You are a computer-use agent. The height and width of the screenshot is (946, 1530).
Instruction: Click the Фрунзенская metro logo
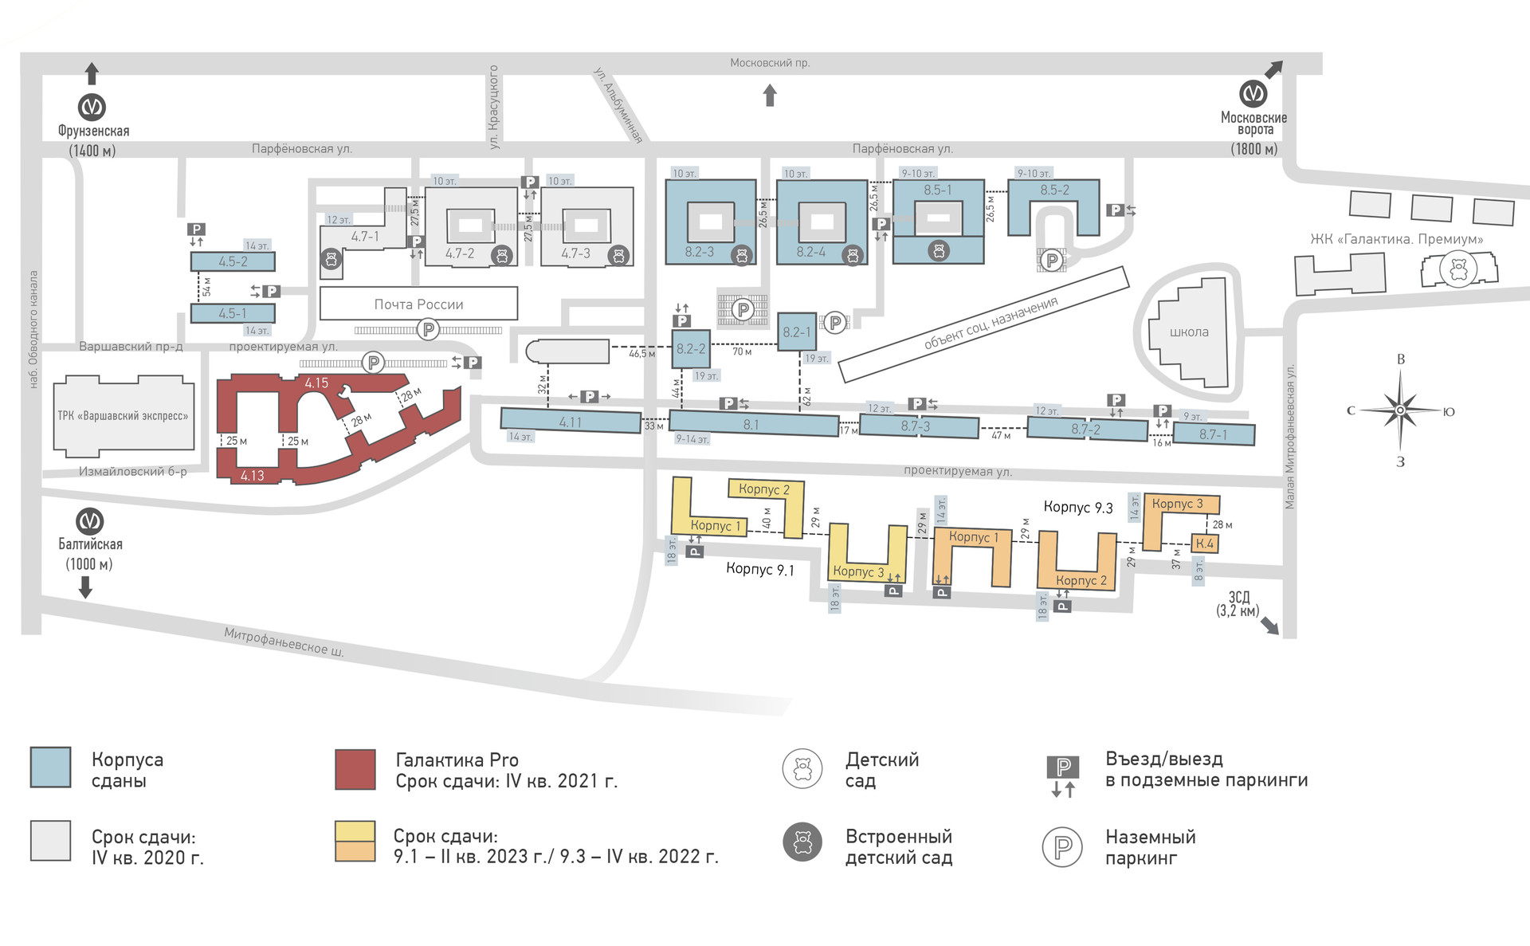coord(92,107)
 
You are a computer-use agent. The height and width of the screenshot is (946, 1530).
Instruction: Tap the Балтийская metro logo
coord(89,521)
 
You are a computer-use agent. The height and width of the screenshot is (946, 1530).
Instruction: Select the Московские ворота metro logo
coord(1253,94)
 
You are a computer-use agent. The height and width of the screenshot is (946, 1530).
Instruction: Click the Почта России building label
coord(418,304)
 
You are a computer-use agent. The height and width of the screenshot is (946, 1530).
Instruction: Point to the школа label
coord(1189,332)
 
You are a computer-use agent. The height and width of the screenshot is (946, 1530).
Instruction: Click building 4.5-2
coord(233,261)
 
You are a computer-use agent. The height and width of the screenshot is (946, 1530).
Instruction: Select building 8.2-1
coord(797,332)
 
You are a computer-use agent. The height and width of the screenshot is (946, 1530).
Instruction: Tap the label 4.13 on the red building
coord(252,476)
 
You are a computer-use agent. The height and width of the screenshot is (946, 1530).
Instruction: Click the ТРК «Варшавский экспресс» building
coord(124,416)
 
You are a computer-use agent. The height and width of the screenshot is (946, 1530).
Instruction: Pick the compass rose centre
coord(1400,411)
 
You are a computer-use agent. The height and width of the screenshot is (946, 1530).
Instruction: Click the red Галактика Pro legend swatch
coord(355,769)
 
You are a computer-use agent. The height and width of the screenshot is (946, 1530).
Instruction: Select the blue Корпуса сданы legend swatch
coord(50,767)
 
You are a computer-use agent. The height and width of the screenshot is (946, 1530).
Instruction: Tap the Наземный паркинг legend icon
coord(1062,847)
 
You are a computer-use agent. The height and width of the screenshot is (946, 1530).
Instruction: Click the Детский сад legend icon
coord(802,769)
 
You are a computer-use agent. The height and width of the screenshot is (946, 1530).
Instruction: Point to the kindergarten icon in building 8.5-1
coord(939,251)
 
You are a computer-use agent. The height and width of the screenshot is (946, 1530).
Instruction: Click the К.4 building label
coord(1204,544)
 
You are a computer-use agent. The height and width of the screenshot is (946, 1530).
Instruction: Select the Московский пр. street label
coord(770,63)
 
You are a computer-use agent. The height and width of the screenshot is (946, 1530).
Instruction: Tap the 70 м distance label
coord(742,351)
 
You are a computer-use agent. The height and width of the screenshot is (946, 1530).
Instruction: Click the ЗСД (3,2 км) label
coord(1238,604)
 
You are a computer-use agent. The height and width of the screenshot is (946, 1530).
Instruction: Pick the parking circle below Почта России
coord(429,329)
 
